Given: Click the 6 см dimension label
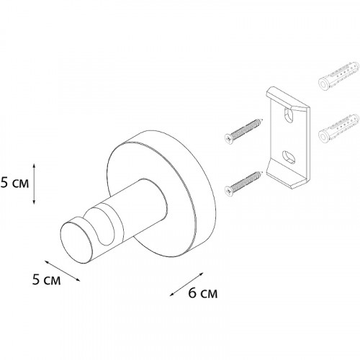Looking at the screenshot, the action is (x=202, y=293).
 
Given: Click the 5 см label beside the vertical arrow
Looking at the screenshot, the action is (x=14, y=183).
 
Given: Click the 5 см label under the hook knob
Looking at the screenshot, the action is (x=46, y=279).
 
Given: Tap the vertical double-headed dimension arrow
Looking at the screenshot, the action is (x=34, y=184).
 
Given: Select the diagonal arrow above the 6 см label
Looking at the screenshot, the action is (x=186, y=284).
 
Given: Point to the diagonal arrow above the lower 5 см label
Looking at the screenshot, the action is (x=62, y=271).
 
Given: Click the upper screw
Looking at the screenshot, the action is (x=243, y=132).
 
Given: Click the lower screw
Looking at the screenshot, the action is (x=243, y=183).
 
